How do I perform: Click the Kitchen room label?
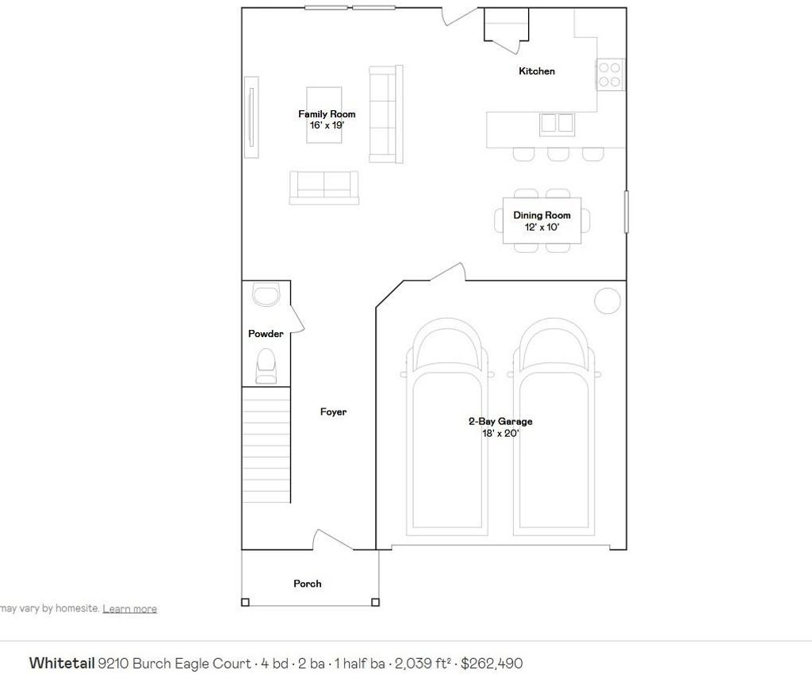(537, 71)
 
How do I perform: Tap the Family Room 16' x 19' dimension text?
(327, 125)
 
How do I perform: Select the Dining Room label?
(542, 215)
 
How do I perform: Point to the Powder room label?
(266, 333)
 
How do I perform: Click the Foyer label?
(333, 412)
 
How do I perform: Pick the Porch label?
(307, 584)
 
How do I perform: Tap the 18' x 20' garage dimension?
(500, 433)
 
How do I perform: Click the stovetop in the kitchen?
(610, 75)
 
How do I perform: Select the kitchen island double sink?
(557, 124)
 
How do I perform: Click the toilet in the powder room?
(266, 366)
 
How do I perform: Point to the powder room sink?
(266, 294)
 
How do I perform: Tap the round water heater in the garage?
(607, 301)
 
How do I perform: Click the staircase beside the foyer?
(266, 445)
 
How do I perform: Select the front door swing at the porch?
(332, 540)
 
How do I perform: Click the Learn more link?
(129, 609)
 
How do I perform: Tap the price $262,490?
(492, 663)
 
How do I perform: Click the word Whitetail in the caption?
(62, 663)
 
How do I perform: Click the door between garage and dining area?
(447, 272)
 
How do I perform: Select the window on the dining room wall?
(626, 211)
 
